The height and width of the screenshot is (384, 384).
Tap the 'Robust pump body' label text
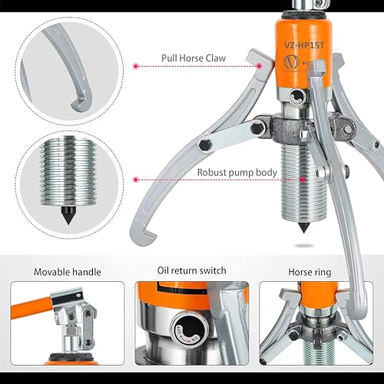(236, 172)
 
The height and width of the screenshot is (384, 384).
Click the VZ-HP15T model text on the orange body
(286, 45)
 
